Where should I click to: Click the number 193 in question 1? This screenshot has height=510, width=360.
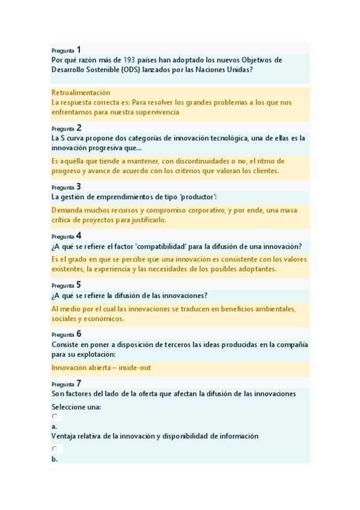129,60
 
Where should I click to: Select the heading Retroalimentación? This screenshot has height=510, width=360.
81,93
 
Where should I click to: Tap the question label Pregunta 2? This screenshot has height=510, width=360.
66,128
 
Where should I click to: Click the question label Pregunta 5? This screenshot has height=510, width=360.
66,285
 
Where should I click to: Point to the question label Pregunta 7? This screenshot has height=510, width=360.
66,384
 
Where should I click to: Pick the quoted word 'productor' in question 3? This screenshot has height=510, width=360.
196,197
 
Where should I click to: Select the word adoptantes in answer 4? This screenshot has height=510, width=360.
255,269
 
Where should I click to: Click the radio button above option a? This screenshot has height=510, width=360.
54,416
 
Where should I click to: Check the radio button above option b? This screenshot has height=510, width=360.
54,449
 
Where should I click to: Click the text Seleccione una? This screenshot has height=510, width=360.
76,407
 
